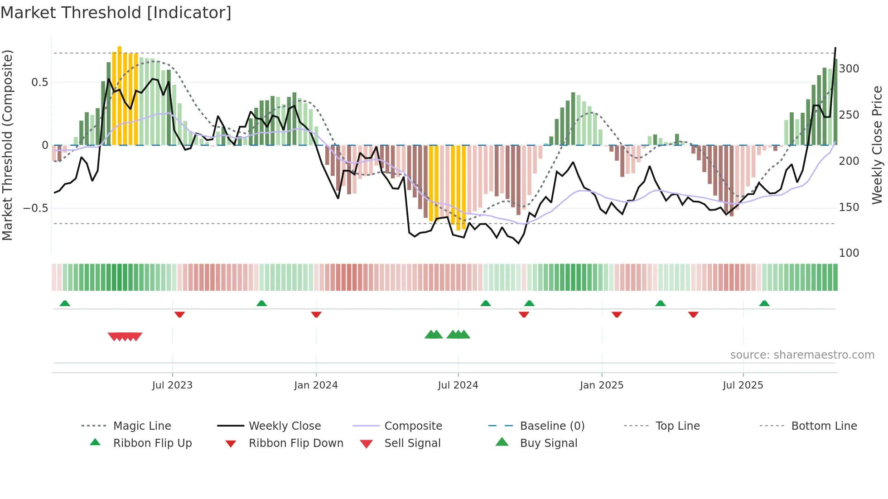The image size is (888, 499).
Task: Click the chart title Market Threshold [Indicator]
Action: point(116,13)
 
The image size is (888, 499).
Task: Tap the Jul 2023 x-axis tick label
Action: point(172,385)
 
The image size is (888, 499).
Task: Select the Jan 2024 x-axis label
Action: point(316,385)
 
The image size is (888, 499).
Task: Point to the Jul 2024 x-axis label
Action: point(458,385)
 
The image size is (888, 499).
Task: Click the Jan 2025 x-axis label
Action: point(602,385)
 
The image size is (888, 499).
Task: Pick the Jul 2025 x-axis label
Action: point(743,385)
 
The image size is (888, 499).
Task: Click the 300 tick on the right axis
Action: point(849,69)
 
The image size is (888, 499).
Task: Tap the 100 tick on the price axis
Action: point(849,253)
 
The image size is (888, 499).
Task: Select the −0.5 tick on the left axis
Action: point(35,208)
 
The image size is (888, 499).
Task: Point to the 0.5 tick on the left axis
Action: point(39,82)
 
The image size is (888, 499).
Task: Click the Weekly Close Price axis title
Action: point(877,145)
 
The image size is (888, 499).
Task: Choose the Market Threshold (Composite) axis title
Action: point(7,145)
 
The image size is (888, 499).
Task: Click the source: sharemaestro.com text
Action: point(802,355)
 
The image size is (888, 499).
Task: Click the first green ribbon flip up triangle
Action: point(65,303)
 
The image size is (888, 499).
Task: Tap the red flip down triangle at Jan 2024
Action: point(316,314)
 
